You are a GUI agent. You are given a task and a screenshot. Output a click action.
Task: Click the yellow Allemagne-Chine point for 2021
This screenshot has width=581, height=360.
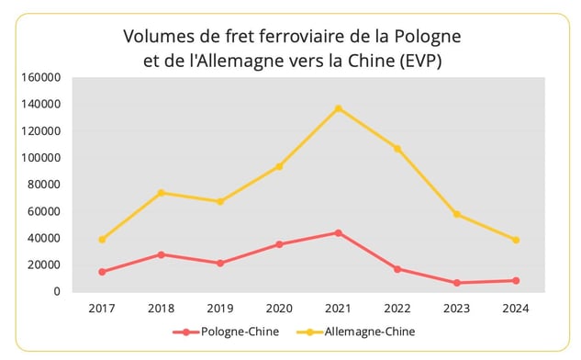tap(339, 108)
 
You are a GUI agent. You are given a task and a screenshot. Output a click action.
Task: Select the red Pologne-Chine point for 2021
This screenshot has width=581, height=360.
tap(339, 232)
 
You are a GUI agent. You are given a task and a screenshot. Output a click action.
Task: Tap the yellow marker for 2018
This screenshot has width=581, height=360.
tap(162, 193)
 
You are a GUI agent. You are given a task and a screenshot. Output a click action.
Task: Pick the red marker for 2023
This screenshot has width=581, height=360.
tap(456, 283)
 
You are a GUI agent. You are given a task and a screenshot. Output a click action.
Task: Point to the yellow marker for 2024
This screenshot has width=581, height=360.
tap(516, 240)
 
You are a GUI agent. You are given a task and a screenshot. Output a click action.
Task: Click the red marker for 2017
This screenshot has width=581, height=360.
tap(102, 272)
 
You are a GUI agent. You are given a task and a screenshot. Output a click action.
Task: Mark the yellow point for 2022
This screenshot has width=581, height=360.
tap(397, 148)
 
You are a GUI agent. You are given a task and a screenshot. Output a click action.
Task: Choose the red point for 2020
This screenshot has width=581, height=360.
tap(279, 244)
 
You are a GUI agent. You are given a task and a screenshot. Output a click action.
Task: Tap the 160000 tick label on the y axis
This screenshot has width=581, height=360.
tap(42, 77)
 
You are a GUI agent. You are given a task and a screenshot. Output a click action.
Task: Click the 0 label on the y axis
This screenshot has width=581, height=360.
tap(57, 292)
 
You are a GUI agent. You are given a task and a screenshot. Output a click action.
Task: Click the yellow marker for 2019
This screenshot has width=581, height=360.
tap(220, 201)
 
